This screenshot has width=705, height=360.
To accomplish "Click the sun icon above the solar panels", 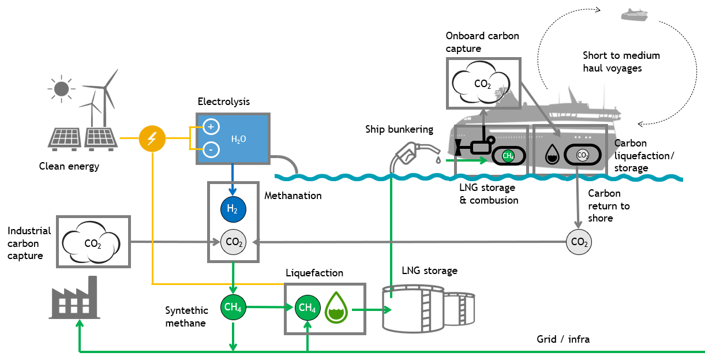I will coord(61,89).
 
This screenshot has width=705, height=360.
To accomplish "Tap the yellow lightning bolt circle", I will coord(152,139).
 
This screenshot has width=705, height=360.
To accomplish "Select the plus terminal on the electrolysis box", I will coord(211,127).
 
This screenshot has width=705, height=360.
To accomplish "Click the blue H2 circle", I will coord(232,209).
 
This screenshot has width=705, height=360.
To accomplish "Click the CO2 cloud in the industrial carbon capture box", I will coord(93,242).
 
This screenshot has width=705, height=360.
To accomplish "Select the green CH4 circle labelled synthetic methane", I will coord(232,307).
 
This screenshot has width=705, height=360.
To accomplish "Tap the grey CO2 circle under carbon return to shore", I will coord(578,243).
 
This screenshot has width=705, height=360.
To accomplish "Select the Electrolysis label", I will coord(223,102).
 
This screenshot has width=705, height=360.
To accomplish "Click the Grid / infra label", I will coord(563,339).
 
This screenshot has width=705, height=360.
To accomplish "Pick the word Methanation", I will coord(292,196).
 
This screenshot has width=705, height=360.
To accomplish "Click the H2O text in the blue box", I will coord(238,139).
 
